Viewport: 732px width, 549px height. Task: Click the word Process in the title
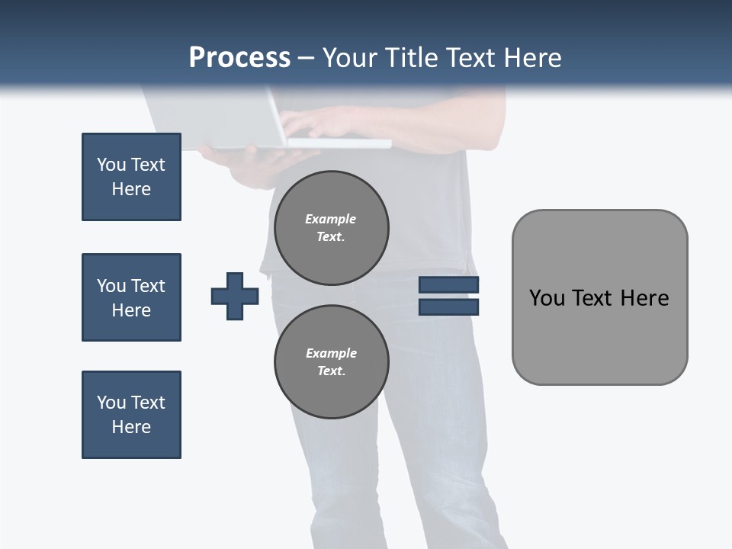point(239,58)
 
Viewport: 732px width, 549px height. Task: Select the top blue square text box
point(131,177)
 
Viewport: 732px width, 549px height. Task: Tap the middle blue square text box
point(131,297)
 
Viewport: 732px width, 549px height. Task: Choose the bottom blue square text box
point(131,415)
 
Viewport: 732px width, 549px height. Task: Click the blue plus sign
point(235,296)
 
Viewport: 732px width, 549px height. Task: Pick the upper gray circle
point(332,228)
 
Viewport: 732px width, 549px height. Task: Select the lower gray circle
point(332,362)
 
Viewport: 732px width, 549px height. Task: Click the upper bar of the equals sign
point(448,285)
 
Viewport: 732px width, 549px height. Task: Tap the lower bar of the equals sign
point(448,307)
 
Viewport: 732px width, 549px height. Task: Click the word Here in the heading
point(533,58)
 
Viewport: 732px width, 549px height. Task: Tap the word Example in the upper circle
point(331,219)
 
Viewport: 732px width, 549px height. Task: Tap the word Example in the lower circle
point(331,353)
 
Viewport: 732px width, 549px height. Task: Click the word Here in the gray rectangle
point(644,298)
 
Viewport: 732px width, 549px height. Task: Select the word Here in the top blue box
point(131,189)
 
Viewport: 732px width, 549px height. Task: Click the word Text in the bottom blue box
point(149,403)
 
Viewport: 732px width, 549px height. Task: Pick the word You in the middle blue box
point(111,286)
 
